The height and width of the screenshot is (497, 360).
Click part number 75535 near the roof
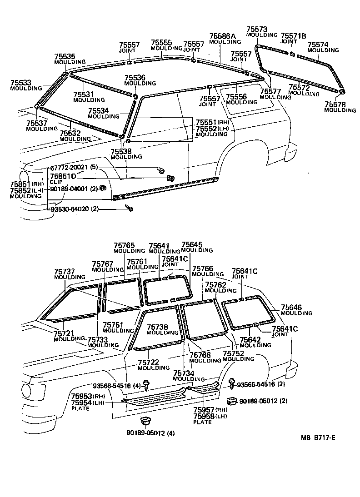pyautogui.click(x=65, y=57)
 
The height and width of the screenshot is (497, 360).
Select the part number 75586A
pyautogui.click(x=223, y=36)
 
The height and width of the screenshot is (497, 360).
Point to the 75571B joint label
pyautogui.click(x=293, y=35)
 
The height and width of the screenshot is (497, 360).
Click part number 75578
pyautogui.click(x=335, y=104)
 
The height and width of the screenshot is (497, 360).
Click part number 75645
pyautogui.click(x=191, y=244)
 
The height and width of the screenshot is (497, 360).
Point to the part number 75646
pyautogui.click(x=291, y=308)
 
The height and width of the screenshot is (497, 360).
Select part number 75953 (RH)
pyautogui.click(x=81, y=396)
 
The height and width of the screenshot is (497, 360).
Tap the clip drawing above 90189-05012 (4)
pyautogui.click(x=146, y=420)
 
